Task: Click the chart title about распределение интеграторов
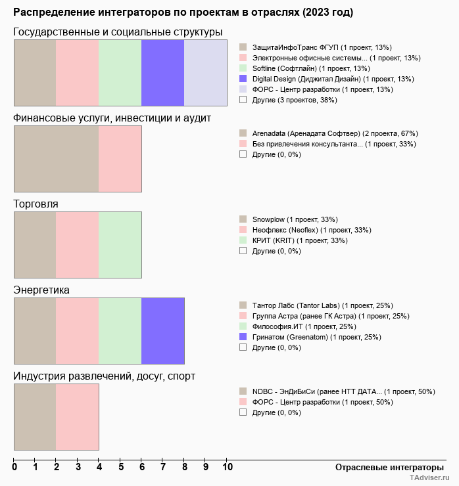click(183, 12)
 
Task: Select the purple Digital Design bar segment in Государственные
click(162, 72)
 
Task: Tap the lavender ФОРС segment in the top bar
click(205, 72)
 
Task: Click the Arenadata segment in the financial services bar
click(56, 158)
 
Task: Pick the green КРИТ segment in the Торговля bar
click(120, 244)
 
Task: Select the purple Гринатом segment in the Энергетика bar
click(162, 330)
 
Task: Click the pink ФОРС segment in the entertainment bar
click(77, 416)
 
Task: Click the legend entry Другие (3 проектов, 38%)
click(294, 100)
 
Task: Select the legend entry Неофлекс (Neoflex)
click(311, 230)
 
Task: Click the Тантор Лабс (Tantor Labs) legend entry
click(322, 305)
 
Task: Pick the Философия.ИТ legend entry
click(313, 326)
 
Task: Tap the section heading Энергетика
click(41, 290)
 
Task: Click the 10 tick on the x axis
click(227, 468)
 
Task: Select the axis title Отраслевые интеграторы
click(385, 468)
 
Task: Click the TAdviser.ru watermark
click(429, 479)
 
